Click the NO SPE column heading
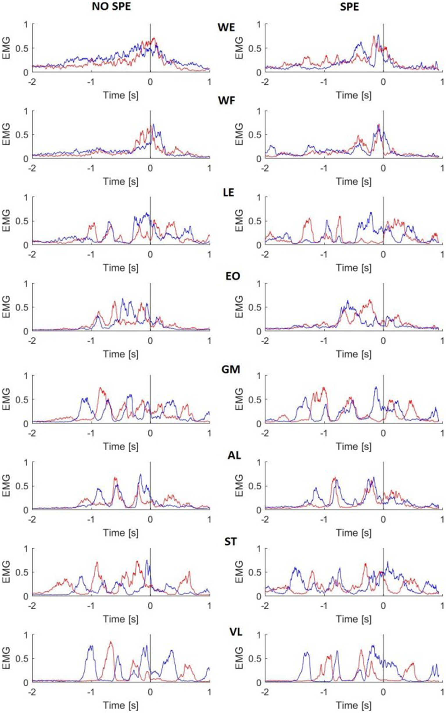point(112,6)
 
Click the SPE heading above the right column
point(349,6)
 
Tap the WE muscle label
point(226,27)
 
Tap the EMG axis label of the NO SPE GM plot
point(6,399)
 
